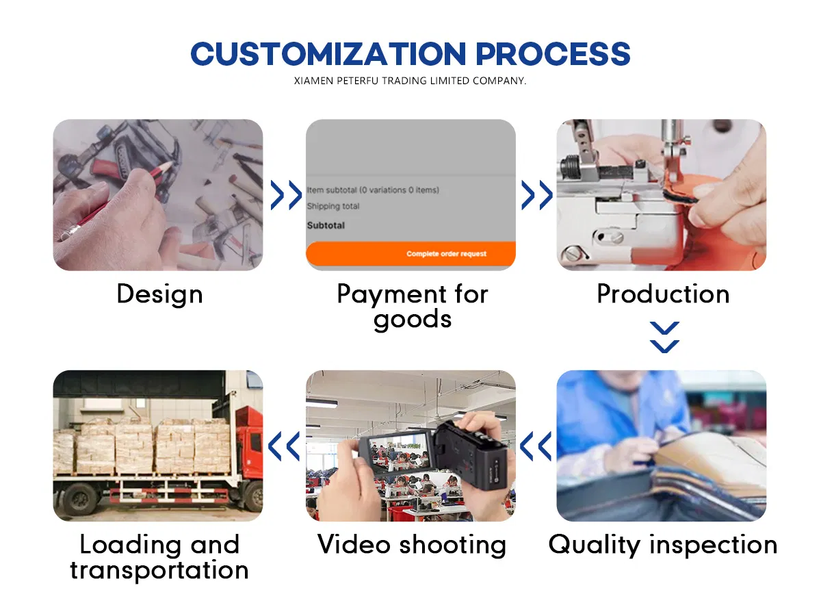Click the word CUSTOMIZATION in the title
pos(328,54)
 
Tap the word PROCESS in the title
pos(553,54)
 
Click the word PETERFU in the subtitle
pos(358,81)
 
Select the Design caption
pos(159,295)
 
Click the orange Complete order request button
pos(410,253)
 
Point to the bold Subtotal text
pos(326,226)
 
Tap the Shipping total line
pos(333,206)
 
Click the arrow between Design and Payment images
pos(286,195)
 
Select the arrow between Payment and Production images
pos(537,195)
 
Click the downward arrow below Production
pos(664,337)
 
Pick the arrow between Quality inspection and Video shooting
pos(535,446)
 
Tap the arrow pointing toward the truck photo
pos(284,446)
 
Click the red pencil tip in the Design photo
pos(170,164)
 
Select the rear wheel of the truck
pos(78,500)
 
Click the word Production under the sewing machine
pos(663,294)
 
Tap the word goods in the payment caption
pos(413,320)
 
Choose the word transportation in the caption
pos(159,570)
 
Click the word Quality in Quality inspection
pos(595,546)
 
